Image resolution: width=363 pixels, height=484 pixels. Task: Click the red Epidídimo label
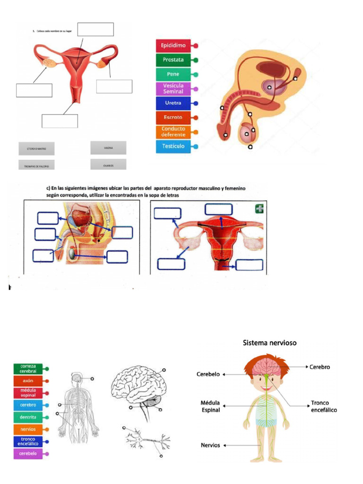[x=173, y=46]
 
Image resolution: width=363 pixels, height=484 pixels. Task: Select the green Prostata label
[x=173, y=60]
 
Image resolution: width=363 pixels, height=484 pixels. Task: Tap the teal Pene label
[x=173, y=74]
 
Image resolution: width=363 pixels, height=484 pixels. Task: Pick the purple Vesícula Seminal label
[x=173, y=88]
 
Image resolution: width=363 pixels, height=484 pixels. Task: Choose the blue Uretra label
[x=173, y=103]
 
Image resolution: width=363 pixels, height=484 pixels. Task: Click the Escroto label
[x=173, y=117]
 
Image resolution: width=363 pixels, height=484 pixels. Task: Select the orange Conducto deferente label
[x=173, y=131]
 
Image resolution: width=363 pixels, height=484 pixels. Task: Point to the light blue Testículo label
[x=173, y=146]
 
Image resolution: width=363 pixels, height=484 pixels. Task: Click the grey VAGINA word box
[x=108, y=147]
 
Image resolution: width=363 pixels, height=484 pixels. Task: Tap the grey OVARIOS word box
[x=108, y=165]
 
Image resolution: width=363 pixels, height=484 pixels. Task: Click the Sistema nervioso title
[x=270, y=343]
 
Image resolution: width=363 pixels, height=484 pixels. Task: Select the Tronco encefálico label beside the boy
[x=324, y=406]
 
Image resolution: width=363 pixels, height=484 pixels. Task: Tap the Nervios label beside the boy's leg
[x=210, y=445]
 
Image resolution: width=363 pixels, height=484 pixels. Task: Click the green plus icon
[x=259, y=208]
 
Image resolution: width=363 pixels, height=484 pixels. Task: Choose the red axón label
[x=27, y=380]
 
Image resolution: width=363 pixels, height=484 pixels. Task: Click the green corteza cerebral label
[x=28, y=368]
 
